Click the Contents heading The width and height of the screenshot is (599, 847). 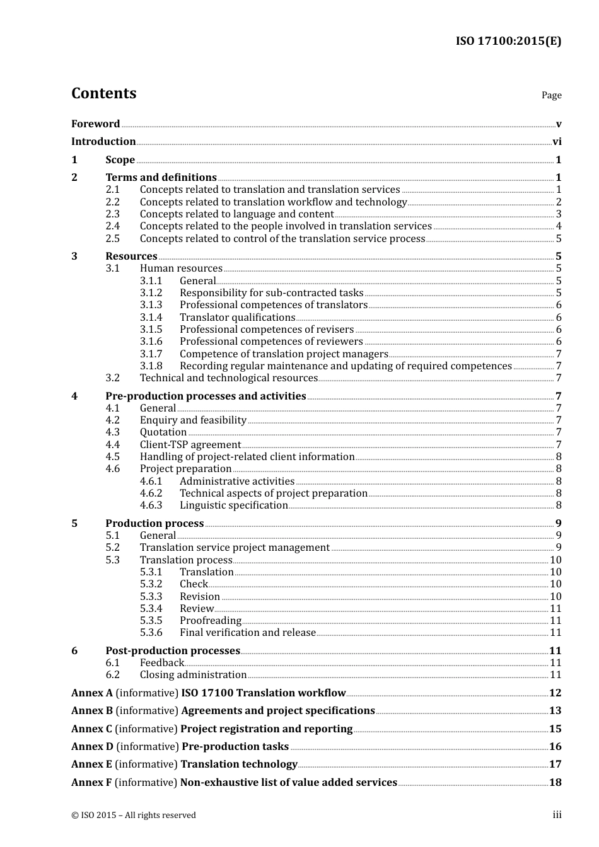click(103, 93)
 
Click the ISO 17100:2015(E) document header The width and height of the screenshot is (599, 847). click(508, 42)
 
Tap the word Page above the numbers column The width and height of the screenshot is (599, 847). click(551, 95)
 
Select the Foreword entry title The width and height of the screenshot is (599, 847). click(95, 124)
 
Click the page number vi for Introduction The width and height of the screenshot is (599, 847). click(557, 142)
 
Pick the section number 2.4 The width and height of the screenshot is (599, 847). click(112, 226)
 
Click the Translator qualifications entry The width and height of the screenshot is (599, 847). click(237, 318)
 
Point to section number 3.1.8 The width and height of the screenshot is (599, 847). click(151, 366)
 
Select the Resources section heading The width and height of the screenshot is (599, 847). click(131, 256)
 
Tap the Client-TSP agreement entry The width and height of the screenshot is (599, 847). click(190, 445)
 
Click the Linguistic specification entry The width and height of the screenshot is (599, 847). click(233, 505)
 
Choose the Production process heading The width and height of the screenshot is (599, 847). click(154, 524)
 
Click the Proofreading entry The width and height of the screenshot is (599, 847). click(211, 621)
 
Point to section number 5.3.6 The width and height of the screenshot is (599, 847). click(151, 633)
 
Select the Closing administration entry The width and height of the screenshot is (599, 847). click(193, 675)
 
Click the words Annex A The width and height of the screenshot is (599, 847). click(92, 693)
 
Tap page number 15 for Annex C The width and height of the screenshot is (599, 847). click(555, 729)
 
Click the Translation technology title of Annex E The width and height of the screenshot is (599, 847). click(239, 764)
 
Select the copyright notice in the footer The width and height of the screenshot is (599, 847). click(134, 815)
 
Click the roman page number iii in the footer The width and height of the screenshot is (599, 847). click(557, 815)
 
